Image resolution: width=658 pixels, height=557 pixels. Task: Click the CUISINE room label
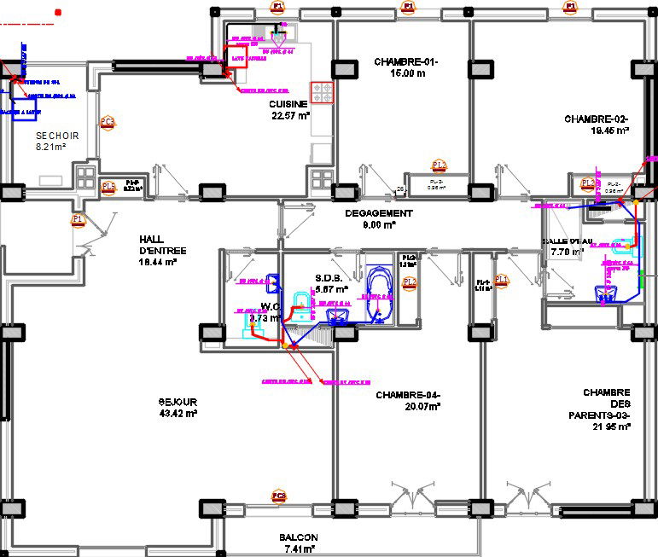click(289, 104)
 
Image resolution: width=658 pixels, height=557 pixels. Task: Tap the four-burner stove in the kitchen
click(322, 92)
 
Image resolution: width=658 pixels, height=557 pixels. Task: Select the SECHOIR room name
click(57, 136)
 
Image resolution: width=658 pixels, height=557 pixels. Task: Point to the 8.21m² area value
click(50, 148)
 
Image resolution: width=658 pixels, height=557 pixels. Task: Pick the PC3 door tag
click(107, 122)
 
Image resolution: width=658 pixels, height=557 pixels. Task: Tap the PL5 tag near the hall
click(108, 187)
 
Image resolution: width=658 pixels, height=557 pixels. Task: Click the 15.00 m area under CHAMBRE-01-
click(405, 73)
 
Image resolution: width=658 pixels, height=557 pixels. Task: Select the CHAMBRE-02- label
click(597, 119)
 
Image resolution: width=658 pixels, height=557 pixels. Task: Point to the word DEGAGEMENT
click(378, 213)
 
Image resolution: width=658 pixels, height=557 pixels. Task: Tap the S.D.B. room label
click(329, 278)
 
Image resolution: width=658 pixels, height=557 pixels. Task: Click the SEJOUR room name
click(178, 402)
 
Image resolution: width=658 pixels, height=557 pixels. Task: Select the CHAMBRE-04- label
click(408, 395)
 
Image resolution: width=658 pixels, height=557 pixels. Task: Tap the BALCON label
click(298, 537)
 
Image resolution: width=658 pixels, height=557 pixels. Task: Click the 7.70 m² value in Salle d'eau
click(567, 252)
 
